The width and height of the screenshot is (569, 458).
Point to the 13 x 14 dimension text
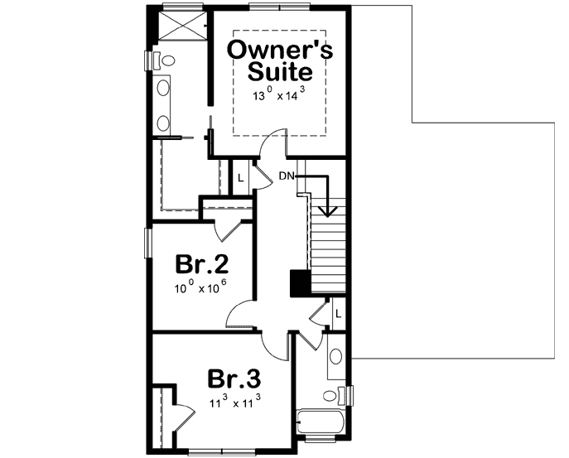pyautogui.click(x=280, y=96)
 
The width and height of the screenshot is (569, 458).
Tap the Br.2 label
pyautogui.click(x=201, y=265)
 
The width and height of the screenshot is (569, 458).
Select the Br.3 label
pyautogui.click(x=234, y=379)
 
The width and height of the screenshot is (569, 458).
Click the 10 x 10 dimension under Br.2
pyautogui.click(x=200, y=289)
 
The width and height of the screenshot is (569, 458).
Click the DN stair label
pyautogui.click(x=286, y=176)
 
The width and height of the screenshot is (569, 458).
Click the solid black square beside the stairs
pyautogui.click(x=299, y=283)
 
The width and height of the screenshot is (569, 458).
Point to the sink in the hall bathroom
pyautogui.click(x=335, y=357)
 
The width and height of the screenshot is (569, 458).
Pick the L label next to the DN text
pyautogui.click(x=241, y=177)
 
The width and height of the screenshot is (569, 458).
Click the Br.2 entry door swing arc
pyautogui.click(x=240, y=311)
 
